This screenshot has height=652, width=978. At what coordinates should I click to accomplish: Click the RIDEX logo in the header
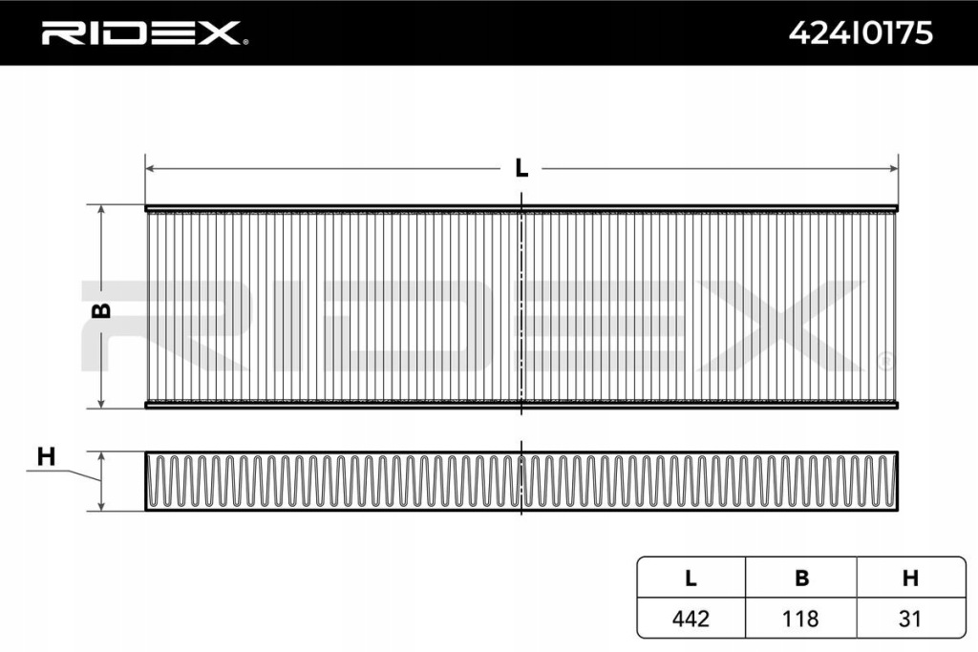point(141,33)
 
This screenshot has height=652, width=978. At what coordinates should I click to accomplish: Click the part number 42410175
point(861,33)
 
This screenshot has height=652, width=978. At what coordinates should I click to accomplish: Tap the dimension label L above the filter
point(521,168)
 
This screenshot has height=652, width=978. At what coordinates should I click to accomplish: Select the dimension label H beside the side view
point(46,457)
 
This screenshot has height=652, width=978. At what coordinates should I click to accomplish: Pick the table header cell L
point(691,578)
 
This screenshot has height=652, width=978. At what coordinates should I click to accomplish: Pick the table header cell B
point(801,578)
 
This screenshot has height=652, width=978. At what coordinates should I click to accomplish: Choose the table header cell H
point(910,578)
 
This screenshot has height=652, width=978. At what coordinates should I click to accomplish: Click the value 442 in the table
point(691,619)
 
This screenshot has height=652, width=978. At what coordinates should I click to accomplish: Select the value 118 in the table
point(801,619)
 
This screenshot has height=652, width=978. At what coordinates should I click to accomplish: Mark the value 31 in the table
point(910,619)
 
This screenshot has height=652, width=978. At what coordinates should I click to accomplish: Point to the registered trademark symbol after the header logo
point(245,42)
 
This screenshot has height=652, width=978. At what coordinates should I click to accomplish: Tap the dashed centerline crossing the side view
point(521,481)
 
